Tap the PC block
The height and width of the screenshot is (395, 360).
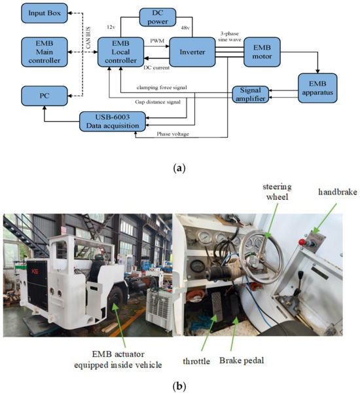44,95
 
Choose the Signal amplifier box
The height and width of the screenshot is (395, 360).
251,94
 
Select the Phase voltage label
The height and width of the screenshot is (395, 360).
172,134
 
